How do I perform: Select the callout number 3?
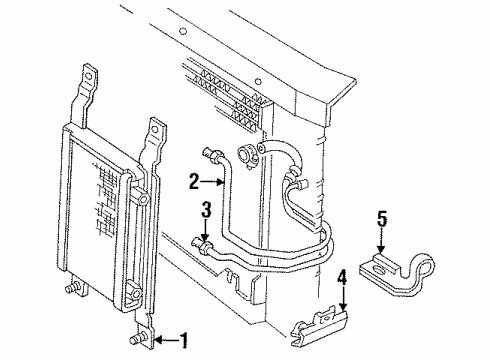click(204, 210)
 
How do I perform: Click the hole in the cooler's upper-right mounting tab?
click(155, 130)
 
